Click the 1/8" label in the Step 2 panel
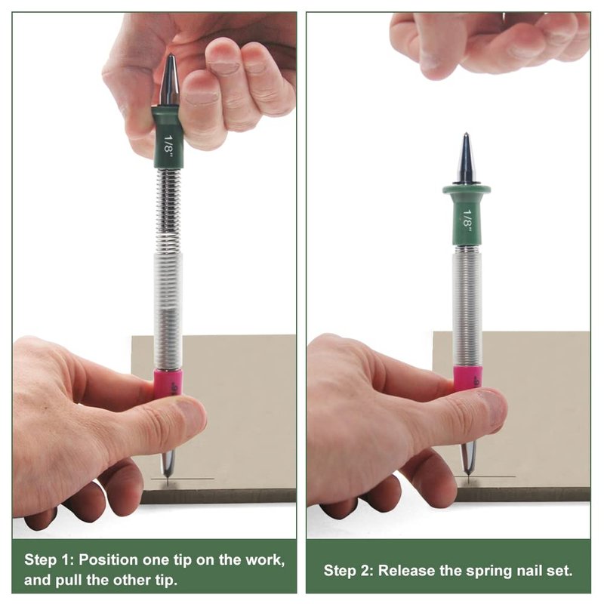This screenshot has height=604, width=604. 467,220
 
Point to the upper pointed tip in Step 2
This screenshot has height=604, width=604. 466,134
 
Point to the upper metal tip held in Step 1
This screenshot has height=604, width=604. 171,56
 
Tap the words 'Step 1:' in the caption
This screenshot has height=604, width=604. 48,559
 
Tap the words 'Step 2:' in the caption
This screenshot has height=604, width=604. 348,571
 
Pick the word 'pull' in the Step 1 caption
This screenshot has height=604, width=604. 67,580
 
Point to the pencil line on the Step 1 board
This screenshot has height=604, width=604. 183,479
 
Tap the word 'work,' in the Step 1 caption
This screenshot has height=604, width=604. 266,559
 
